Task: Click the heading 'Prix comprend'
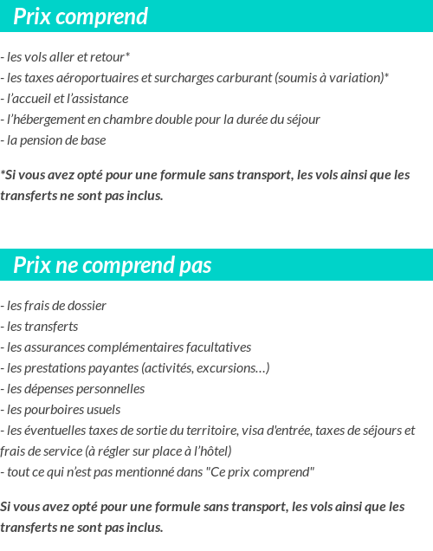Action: (x=81, y=16)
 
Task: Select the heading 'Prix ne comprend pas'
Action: (x=112, y=265)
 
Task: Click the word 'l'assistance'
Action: (x=96, y=99)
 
